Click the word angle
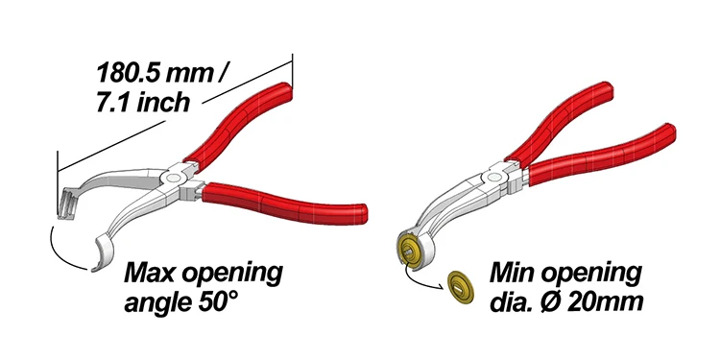156,305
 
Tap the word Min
510,274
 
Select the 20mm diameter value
611,304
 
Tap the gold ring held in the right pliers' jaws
410,252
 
